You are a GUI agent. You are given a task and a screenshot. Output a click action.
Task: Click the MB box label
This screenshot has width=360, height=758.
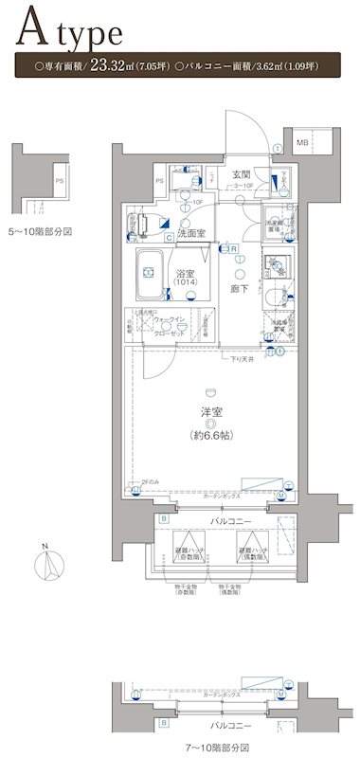[x=301, y=143]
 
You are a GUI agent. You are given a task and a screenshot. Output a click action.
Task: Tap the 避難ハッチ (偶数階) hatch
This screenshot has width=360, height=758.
[x=253, y=552]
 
